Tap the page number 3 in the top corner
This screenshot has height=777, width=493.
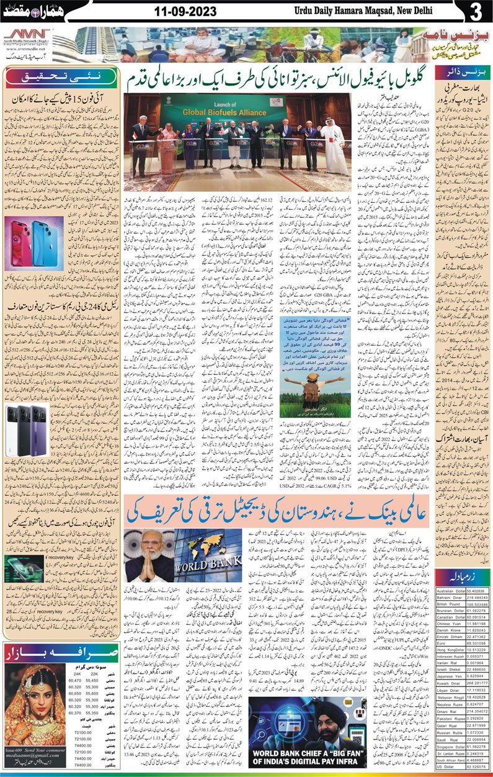(x=477, y=12)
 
